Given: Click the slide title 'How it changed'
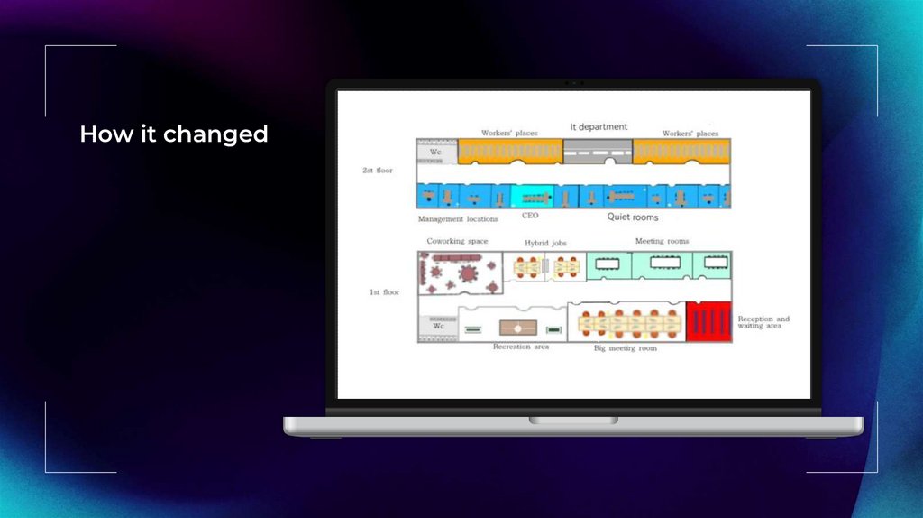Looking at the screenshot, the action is click(x=174, y=134).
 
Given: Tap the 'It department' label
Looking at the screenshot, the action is click(x=599, y=127).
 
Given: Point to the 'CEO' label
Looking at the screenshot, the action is click(x=530, y=216).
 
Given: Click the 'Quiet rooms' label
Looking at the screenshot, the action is click(x=632, y=217).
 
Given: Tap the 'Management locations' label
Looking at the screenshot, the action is click(x=458, y=219).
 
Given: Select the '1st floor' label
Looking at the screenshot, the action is click(x=385, y=292).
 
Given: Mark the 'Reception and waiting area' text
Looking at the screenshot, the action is click(x=763, y=322).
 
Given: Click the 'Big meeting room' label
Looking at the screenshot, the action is click(x=625, y=347).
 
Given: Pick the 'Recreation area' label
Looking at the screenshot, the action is click(x=520, y=347).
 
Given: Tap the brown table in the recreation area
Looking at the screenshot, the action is click(x=519, y=328).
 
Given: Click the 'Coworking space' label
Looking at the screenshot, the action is click(x=457, y=242).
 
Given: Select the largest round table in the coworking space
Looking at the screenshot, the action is click(x=470, y=272).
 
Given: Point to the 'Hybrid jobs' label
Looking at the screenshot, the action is click(x=546, y=244).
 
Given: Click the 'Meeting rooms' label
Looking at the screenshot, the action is click(x=662, y=242).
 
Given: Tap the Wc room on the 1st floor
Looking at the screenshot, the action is click(x=438, y=326).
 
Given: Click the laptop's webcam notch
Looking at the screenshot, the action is click(x=574, y=83).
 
